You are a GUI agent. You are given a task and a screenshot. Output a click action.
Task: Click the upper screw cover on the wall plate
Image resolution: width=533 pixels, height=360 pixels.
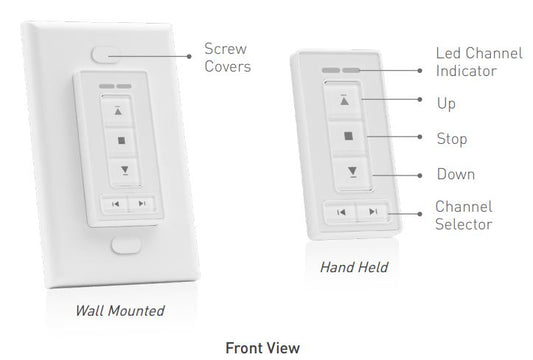pyautogui.click(x=105, y=54)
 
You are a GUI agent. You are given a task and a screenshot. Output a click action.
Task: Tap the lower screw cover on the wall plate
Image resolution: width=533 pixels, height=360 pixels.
pyautogui.click(x=126, y=245)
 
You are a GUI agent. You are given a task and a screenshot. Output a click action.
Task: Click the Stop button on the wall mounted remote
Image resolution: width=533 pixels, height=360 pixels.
pyautogui.click(x=121, y=141)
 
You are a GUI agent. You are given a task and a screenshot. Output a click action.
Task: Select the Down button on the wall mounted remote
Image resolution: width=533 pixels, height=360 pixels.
pyautogui.click(x=124, y=171)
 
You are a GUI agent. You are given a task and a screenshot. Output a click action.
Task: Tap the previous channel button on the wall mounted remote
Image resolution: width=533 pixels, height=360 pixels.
pyautogui.click(x=115, y=204)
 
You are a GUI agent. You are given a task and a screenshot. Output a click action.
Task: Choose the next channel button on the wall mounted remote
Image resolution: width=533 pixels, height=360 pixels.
pyautogui.click(x=142, y=204)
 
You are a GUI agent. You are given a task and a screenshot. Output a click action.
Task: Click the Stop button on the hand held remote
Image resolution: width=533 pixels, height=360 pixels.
pyautogui.click(x=348, y=137)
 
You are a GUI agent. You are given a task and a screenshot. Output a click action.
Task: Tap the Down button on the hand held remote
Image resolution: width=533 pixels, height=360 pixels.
pyautogui.click(x=353, y=173)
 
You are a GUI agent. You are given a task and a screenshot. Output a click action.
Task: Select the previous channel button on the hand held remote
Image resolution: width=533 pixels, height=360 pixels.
pyautogui.click(x=341, y=212)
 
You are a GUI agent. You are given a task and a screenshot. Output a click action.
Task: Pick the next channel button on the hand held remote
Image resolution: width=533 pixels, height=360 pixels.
pyautogui.click(x=373, y=212)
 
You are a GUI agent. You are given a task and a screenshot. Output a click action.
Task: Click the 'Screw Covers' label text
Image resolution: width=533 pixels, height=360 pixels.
pyautogui.click(x=227, y=57)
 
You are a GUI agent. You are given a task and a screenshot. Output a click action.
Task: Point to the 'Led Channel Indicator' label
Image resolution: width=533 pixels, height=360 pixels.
pyautogui.click(x=479, y=62)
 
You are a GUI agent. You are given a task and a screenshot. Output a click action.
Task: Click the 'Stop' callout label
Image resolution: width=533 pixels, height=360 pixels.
pyautogui.click(x=452, y=139)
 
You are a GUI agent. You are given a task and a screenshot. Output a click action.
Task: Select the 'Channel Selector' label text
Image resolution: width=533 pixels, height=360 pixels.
pyautogui.click(x=464, y=216)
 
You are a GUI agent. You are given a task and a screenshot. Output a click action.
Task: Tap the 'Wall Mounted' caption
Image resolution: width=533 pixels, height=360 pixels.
pyautogui.click(x=120, y=311)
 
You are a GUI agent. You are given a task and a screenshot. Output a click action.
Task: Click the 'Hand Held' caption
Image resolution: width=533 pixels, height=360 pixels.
pyautogui.click(x=354, y=267)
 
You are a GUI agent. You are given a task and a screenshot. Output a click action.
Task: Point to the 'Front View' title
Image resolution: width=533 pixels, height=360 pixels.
pyautogui.click(x=263, y=348)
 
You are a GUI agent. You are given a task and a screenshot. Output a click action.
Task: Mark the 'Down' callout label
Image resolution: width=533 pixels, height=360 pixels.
pyautogui.click(x=456, y=174)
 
